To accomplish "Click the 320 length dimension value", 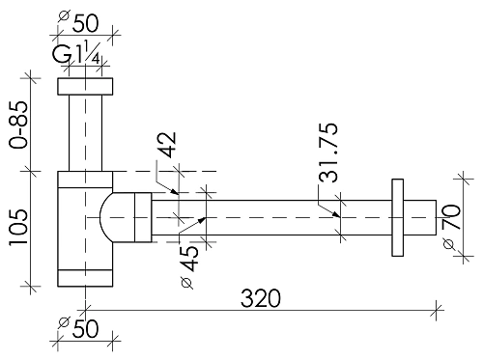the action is tap(261, 298).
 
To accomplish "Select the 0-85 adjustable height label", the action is tap(18, 125).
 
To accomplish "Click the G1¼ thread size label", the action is tap(76, 54).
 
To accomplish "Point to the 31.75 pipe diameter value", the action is tap(328, 152).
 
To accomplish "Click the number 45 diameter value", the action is tap(189, 259).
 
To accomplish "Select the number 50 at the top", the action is tap(85, 23).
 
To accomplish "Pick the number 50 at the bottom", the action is tap(85, 329).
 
